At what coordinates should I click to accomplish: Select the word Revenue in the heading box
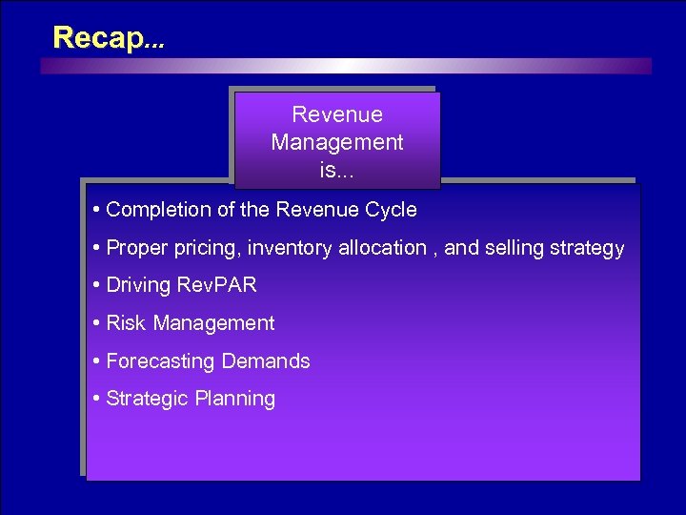[x=337, y=115]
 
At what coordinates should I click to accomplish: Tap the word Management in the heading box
[x=337, y=143]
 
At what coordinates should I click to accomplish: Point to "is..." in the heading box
[x=337, y=171]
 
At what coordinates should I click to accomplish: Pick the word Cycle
[x=393, y=210]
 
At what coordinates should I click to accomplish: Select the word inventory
[x=288, y=248]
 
